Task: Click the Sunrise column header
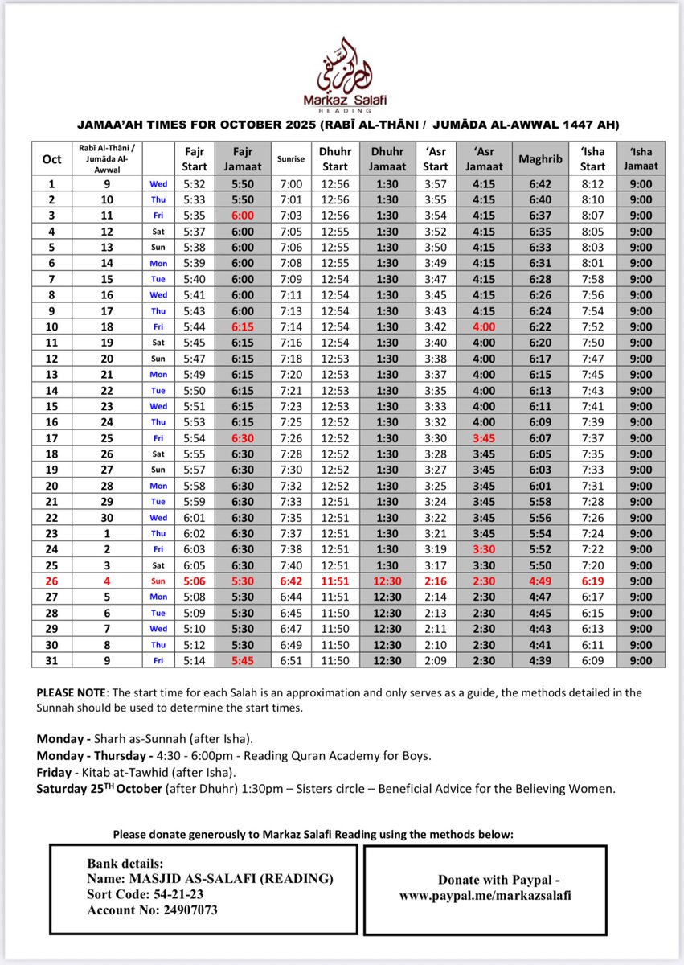pos(291,158)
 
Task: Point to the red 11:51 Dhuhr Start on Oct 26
pos(335,581)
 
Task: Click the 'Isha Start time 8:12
pos(593,183)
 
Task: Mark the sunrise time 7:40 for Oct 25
pos(291,565)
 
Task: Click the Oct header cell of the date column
pos(51,158)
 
